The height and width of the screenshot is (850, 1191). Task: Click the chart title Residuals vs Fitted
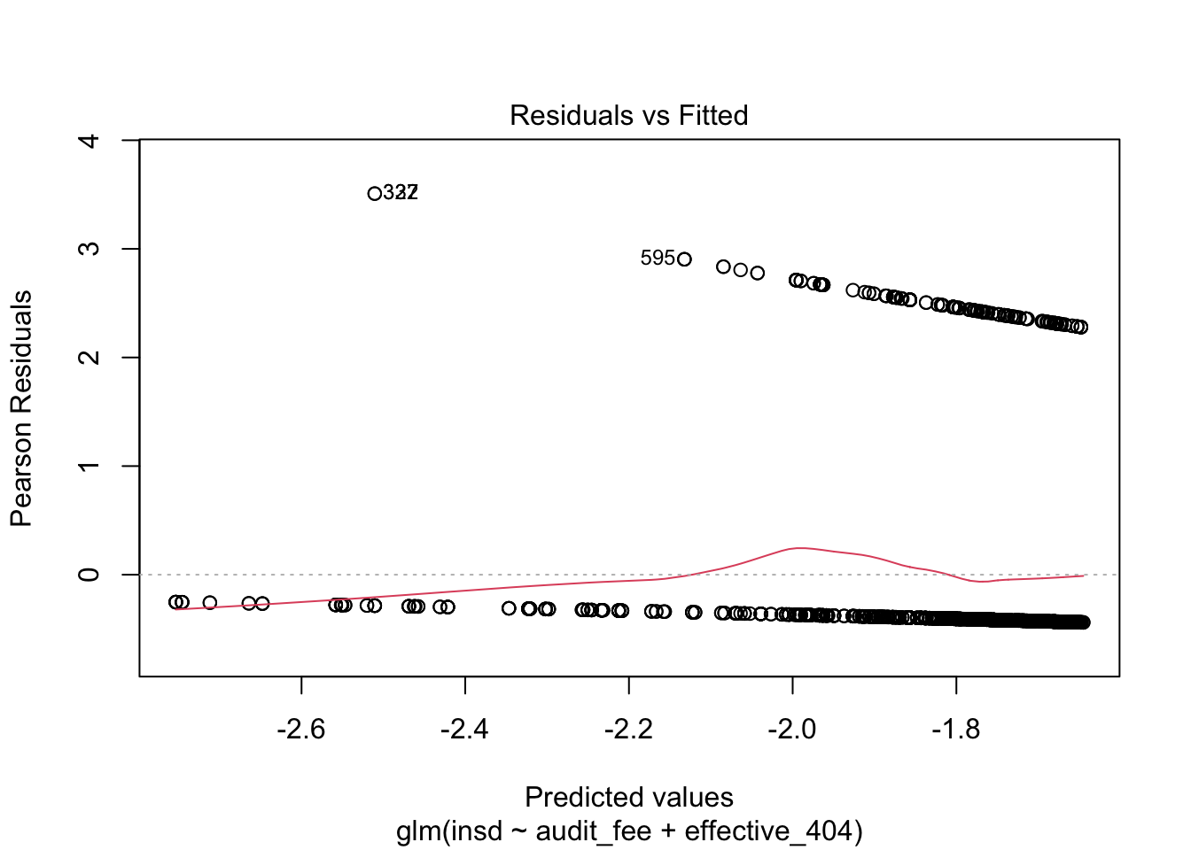[x=628, y=115]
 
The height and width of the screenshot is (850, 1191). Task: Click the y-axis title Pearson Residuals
[x=21, y=408]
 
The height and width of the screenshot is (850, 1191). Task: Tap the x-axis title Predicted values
[x=628, y=797]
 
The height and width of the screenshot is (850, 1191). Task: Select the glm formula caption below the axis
[x=628, y=831]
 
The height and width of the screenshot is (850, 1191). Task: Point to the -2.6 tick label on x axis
[x=301, y=730]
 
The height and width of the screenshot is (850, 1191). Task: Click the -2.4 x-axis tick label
[x=464, y=730]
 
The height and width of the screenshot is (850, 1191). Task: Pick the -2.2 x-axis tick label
[x=628, y=730]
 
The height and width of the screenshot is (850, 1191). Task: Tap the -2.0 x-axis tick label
[x=792, y=730]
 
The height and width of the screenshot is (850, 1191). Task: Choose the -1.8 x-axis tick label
[x=955, y=730]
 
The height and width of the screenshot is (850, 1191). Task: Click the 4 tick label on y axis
[x=90, y=141]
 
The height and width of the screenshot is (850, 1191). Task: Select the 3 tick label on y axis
[x=90, y=249]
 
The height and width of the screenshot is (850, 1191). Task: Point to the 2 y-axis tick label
[x=90, y=358]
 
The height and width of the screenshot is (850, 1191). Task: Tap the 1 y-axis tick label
[x=90, y=466]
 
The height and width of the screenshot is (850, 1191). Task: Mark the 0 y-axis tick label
[x=90, y=575]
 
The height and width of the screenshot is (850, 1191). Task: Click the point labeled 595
[x=684, y=259]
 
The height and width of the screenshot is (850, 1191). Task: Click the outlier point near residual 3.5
[x=374, y=193]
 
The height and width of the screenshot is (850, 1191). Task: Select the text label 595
[x=658, y=258]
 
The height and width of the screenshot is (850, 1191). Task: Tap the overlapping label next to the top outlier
[x=401, y=192]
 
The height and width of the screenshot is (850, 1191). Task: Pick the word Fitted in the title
[x=713, y=115]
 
